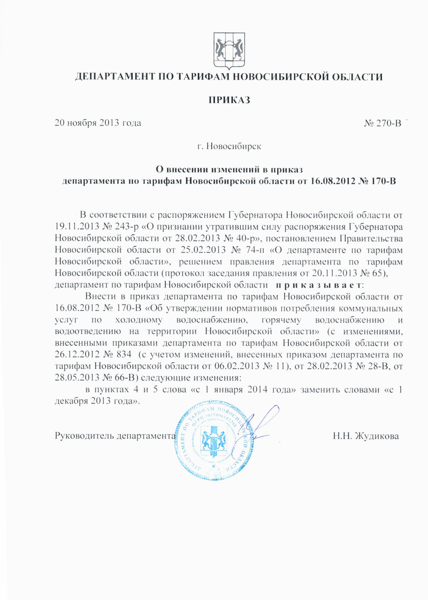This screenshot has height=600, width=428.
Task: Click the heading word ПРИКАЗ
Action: [229, 100]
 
